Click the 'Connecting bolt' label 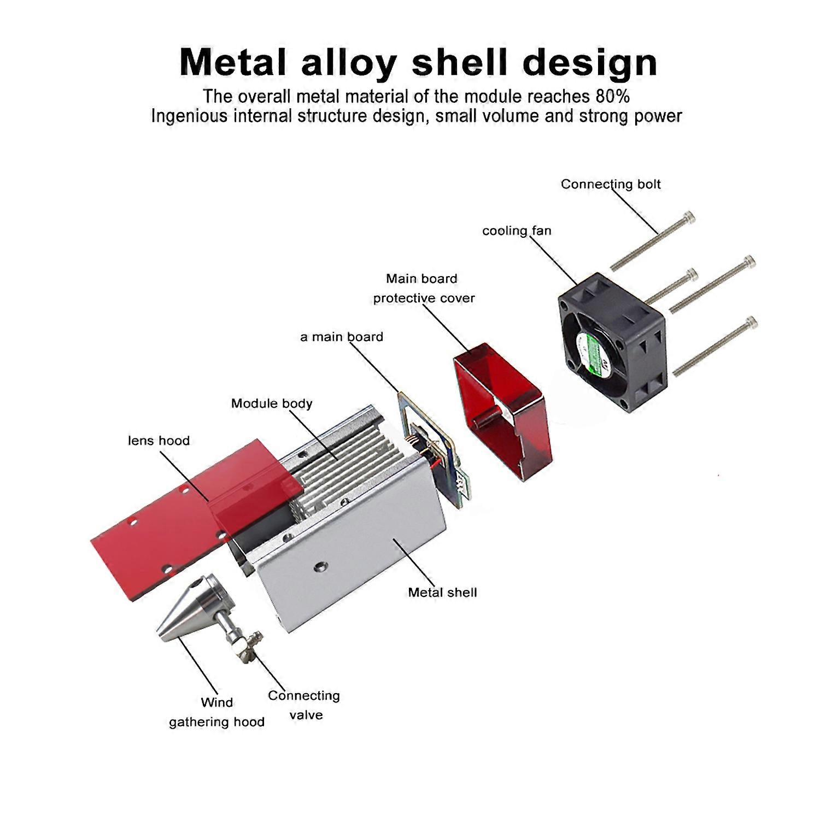(611, 184)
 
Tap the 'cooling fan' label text (517, 231)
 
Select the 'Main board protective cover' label (423, 288)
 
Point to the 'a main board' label (342, 337)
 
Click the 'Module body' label (272, 403)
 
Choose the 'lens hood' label (159, 441)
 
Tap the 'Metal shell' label (442, 592)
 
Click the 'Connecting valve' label (304, 705)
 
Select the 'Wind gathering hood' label (216, 712)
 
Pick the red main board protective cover (501, 410)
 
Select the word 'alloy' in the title (348, 63)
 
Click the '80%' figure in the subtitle (612, 97)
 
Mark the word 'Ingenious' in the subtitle (189, 116)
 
